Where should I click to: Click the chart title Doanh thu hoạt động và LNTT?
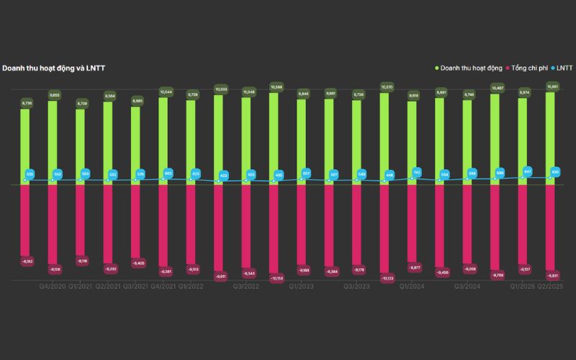coord(54,68)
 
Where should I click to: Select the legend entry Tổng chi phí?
coord(528,68)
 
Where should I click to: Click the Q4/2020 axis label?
coord(53,286)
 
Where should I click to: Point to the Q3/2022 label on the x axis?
coord(246,286)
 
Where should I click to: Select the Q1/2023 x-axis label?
coord(302,286)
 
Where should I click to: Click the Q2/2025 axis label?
coord(551,286)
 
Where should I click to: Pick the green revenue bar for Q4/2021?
coord(163,140)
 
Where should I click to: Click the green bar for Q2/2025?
coord(551,137)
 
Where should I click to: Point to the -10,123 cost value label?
coord(386,279)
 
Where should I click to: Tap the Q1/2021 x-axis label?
coord(80,286)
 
